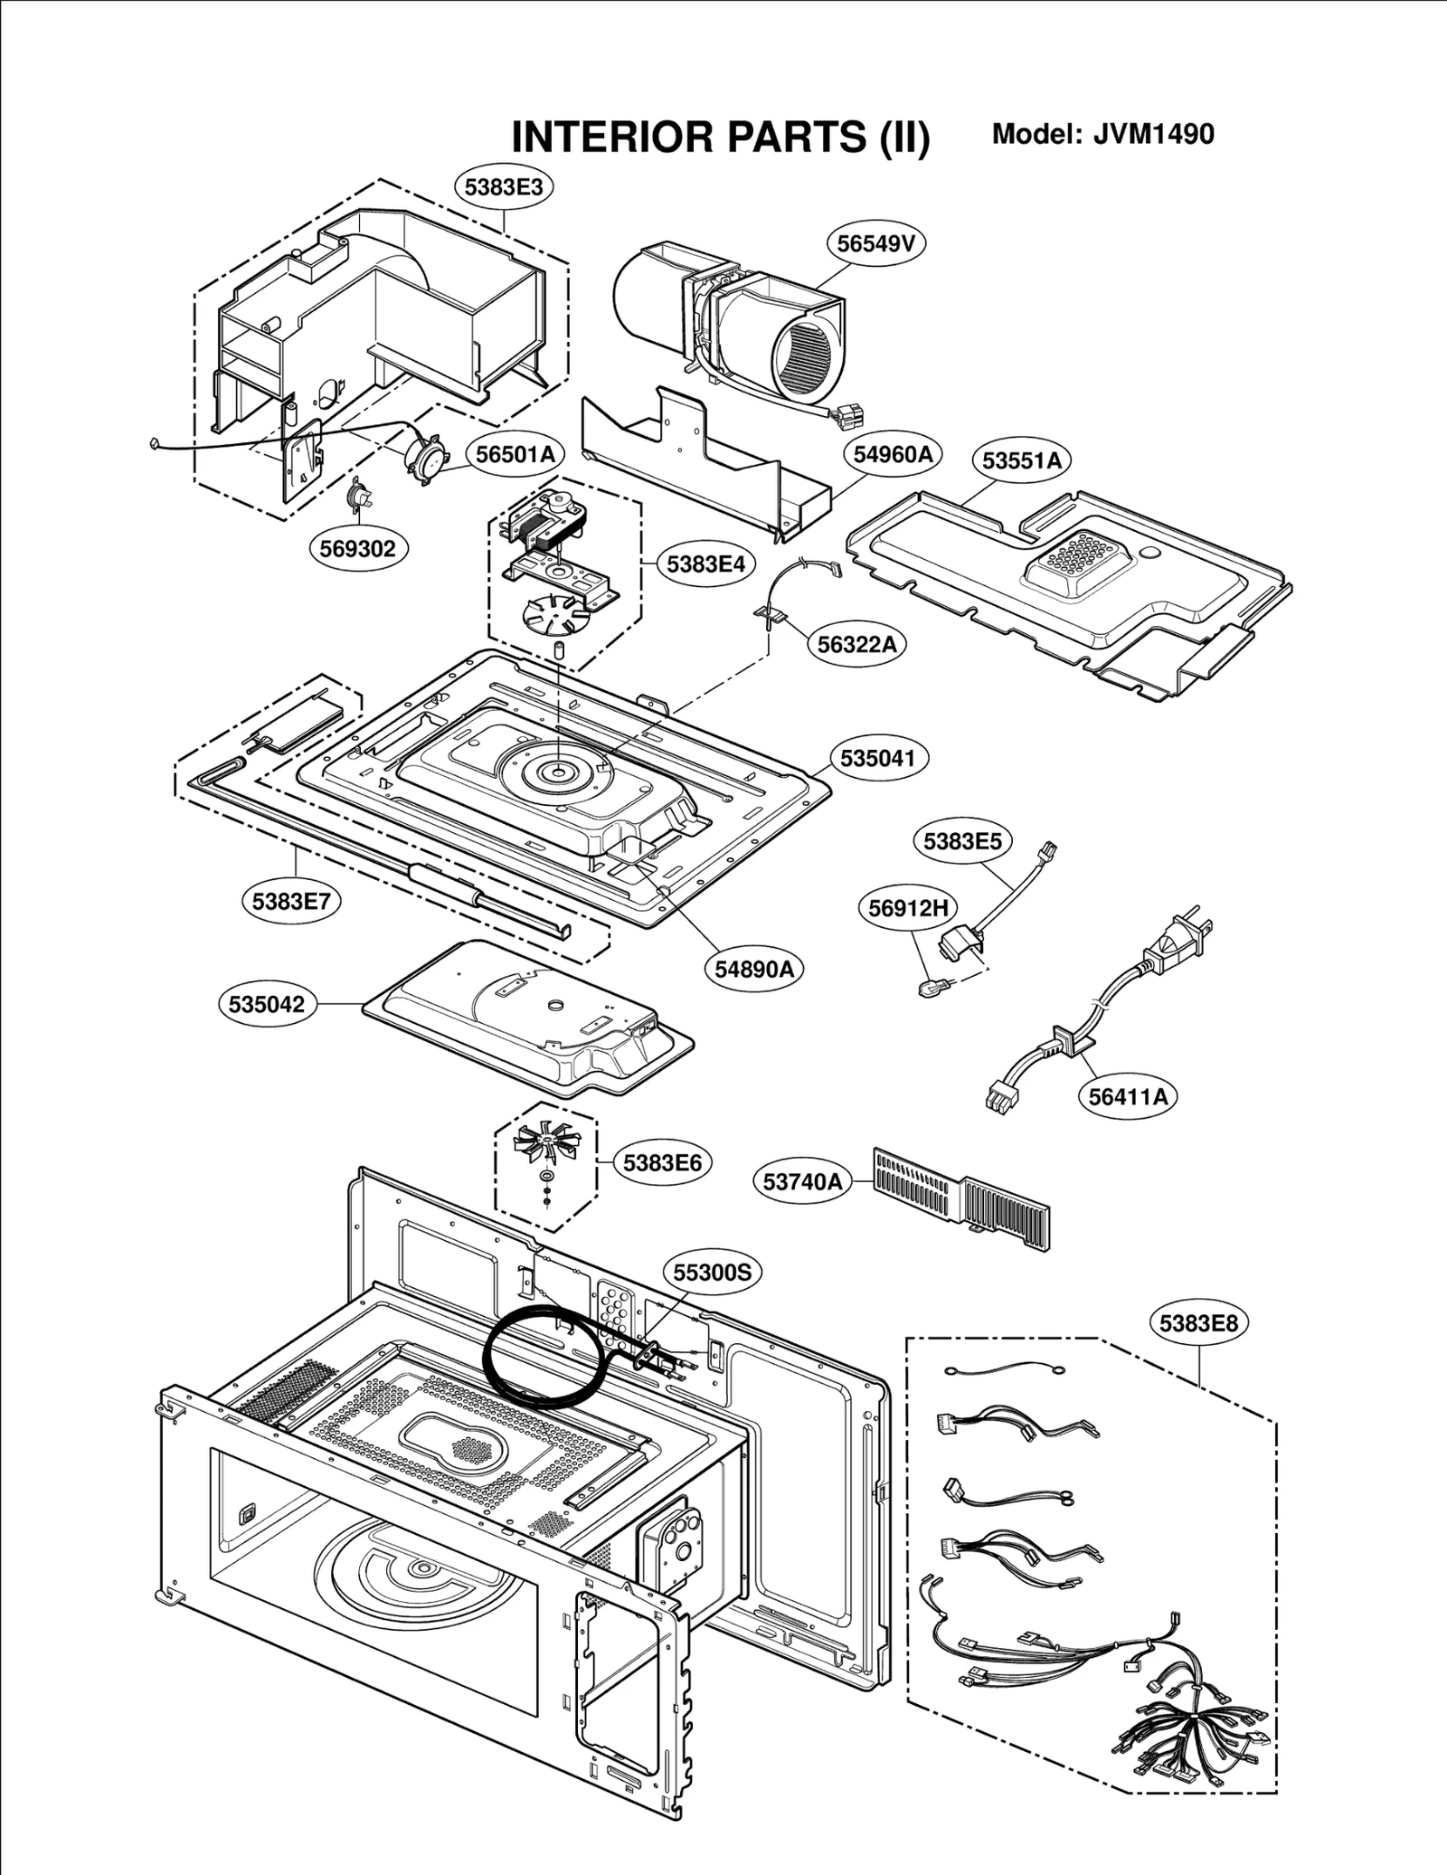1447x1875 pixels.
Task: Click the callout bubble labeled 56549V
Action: (876, 243)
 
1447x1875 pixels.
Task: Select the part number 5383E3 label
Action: (504, 187)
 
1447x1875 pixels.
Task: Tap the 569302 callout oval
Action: (358, 548)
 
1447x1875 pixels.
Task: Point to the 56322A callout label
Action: (856, 644)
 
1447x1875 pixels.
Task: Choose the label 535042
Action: (267, 1004)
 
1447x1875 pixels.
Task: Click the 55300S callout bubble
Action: (713, 1273)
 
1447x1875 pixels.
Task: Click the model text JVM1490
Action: (1153, 134)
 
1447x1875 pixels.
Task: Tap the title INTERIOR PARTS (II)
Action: (720, 137)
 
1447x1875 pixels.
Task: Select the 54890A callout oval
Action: (753, 969)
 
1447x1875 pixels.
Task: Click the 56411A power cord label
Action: (1128, 1096)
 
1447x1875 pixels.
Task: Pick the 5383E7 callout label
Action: (291, 901)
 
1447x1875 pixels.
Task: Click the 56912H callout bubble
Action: (908, 907)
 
